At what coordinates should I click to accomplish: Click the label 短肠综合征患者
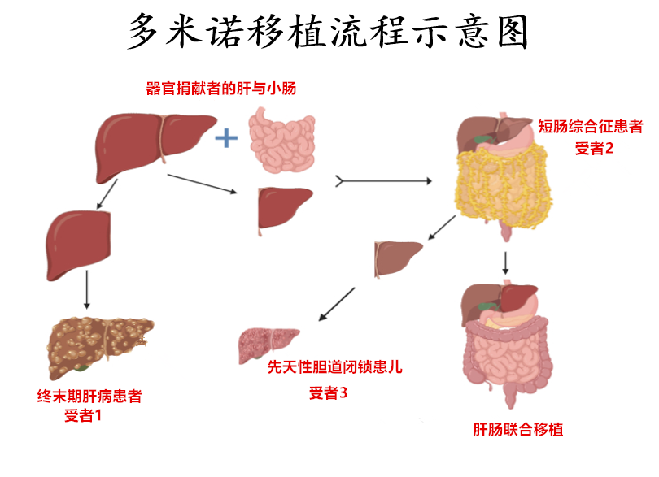click(x=590, y=127)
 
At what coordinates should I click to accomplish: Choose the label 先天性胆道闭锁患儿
click(x=334, y=367)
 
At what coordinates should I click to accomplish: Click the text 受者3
click(x=329, y=393)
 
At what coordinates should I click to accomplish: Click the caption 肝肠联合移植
click(x=518, y=430)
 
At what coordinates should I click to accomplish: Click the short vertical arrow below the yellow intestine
click(x=506, y=262)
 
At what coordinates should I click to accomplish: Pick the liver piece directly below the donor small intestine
click(x=284, y=208)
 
